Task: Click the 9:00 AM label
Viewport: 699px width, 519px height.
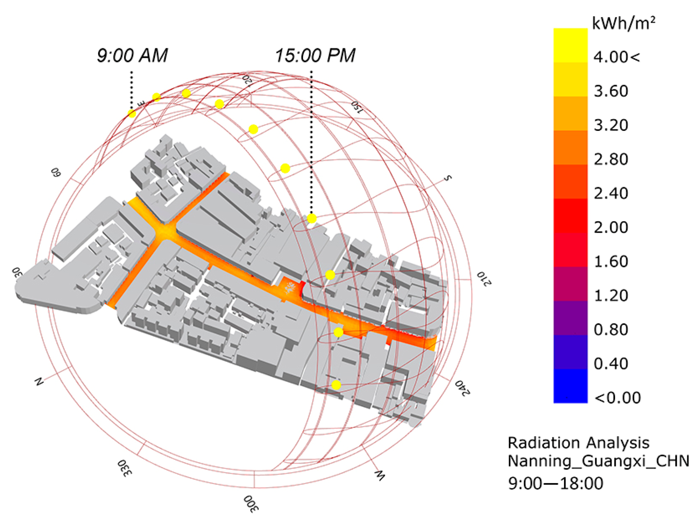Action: (x=132, y=56)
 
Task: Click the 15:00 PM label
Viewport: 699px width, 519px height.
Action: (x=315, y=56)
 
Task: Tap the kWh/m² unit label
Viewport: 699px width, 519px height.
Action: (x=624, y=23)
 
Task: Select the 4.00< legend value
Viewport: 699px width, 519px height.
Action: (x=616, y=57)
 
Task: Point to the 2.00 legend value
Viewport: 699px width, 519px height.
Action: (x=611, y=227)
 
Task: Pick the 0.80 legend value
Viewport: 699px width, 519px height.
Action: (x=611, y=330)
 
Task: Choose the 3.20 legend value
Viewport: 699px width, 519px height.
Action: (x=611, y=125)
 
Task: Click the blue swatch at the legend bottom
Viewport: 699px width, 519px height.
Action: (x=570, y=386)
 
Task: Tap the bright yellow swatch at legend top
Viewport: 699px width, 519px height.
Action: (x=570, y=45)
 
